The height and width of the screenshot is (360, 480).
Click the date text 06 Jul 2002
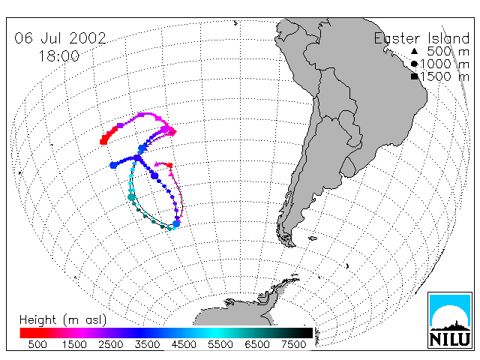[x=60, y=38]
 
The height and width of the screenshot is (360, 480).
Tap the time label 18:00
[x=59, y=56]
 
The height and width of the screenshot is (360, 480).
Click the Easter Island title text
[x=421, y=38]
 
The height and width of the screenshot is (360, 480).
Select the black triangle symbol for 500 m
[x=414, y=51]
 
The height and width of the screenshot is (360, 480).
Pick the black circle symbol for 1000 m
[x=414, y=64]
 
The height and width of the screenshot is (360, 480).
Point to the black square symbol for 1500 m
[x=414, y=76]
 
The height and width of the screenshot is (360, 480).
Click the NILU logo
[x=450, y=320]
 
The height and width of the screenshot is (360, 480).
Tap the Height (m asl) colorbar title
[x=63, y=320]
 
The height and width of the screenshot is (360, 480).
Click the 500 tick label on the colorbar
[x=37, y=345]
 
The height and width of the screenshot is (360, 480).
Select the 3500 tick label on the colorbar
[x=147, y=345]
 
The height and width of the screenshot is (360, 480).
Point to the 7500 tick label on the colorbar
[x=293, y=345]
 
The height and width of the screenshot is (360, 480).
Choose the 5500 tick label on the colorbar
[x=220, y=345]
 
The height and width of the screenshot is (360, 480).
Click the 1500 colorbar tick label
[x=74, y=345]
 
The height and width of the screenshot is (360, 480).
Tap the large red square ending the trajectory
[x=103, y=141]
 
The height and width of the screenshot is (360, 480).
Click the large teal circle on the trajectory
[x=132, y=197]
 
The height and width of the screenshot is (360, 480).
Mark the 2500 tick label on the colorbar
[x=111, y=345]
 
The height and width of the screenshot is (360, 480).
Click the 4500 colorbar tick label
[x=184, y=345]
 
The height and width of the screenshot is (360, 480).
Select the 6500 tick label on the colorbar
[x=257, y=345]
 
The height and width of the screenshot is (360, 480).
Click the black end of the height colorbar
[x=307, y=333]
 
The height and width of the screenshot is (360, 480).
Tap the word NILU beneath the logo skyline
[x=450, y=339]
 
